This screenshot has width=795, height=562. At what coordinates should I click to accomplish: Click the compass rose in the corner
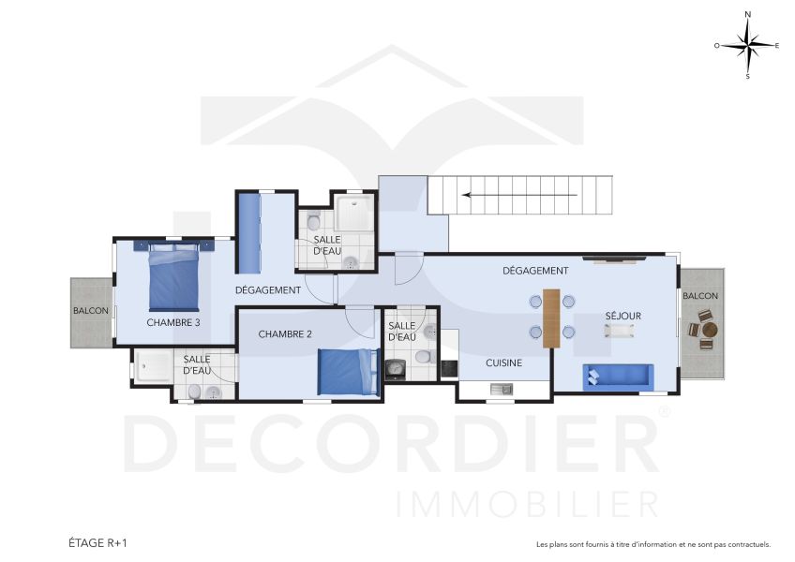[x=747, y=45]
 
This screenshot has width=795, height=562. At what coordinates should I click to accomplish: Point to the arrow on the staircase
[x=520, y=195]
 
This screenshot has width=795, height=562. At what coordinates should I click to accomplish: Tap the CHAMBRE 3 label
[x=173, y=322]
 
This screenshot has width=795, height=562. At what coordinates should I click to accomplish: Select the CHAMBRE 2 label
[x=284, y=333]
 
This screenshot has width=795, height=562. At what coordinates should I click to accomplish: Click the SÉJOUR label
[x=622, y=316]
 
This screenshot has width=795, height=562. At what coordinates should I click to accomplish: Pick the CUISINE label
[x=503, y=362]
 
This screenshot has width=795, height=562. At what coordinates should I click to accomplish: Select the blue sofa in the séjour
[x=616, y=376]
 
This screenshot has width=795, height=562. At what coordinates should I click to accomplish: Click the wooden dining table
[x=551, y=318]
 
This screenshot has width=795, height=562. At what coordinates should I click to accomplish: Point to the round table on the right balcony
[x=709, y=330]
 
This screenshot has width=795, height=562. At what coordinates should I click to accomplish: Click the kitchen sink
[x=497, y=388]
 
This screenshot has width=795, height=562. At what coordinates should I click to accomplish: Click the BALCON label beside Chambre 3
[x=91, y=311]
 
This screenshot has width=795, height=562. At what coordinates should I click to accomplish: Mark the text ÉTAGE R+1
[x=97, y=542]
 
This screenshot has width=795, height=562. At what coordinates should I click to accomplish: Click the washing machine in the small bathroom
[x=397, y=370]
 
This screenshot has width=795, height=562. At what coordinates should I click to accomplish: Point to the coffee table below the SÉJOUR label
[x=619, y=331]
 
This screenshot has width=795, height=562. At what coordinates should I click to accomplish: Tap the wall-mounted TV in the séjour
[x=613, y=257]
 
